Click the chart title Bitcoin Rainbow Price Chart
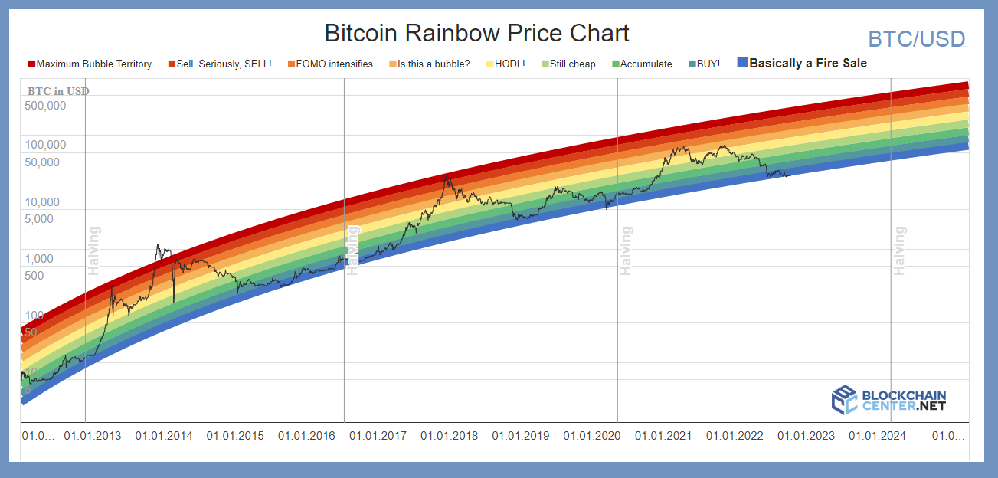pos(476,33)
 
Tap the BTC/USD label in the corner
pos(916,39)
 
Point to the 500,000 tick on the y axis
pos(46,106)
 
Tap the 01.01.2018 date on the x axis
pos(449,436)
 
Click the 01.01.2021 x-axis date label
pos(663,436)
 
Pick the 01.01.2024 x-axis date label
pos(877,436)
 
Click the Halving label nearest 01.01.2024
pos(900,250)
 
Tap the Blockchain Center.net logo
pos(889,400)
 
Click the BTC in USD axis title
pos(58,91)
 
